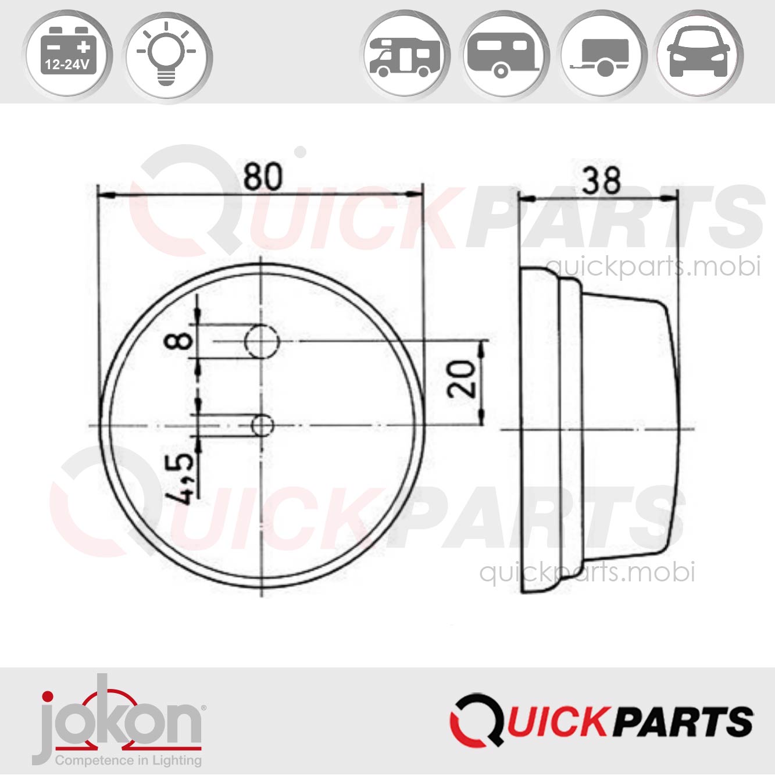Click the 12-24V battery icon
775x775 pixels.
[67, 56]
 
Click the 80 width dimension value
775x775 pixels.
[262, 177]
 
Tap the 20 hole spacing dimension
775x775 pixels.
[462, 378]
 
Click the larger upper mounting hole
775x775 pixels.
[262, 341]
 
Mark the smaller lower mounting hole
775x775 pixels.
[262, 426]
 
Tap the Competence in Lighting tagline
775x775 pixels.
[128, 760]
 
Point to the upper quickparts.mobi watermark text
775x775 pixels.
[653, 266]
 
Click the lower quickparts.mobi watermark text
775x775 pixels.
[587, 573]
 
